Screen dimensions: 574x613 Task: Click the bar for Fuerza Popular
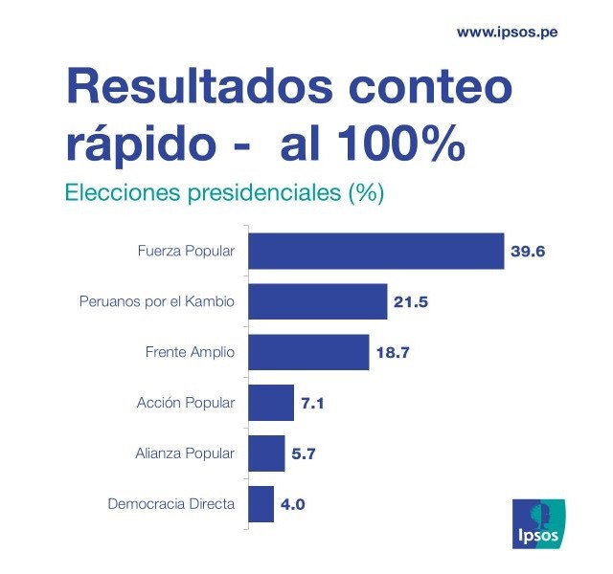click(x=375, y=252)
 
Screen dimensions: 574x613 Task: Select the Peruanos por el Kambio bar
click(x=317, y=302)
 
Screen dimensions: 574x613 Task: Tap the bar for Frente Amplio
click(x=308, y=352)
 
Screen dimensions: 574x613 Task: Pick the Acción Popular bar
click(x=271, y=402)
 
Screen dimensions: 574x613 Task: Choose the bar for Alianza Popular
click(x=266, y=453)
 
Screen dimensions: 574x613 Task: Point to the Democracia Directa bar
click(x=261, y=503)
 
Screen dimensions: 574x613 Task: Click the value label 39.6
click(x=527, y=253)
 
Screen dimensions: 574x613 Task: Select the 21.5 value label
click(x=410, y=302)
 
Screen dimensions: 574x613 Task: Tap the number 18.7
click(x=392, y=352)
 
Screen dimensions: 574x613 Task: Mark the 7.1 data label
click(x=313, y=403)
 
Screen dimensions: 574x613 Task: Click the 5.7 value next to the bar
click(x=304, y=453)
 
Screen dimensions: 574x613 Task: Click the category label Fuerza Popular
click(x=186, y=253)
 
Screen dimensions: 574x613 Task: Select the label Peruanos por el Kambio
click(x=156, y=302)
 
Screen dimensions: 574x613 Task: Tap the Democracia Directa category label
click(x=170, y=503)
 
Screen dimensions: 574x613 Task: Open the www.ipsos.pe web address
click(x=508, y=32)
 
